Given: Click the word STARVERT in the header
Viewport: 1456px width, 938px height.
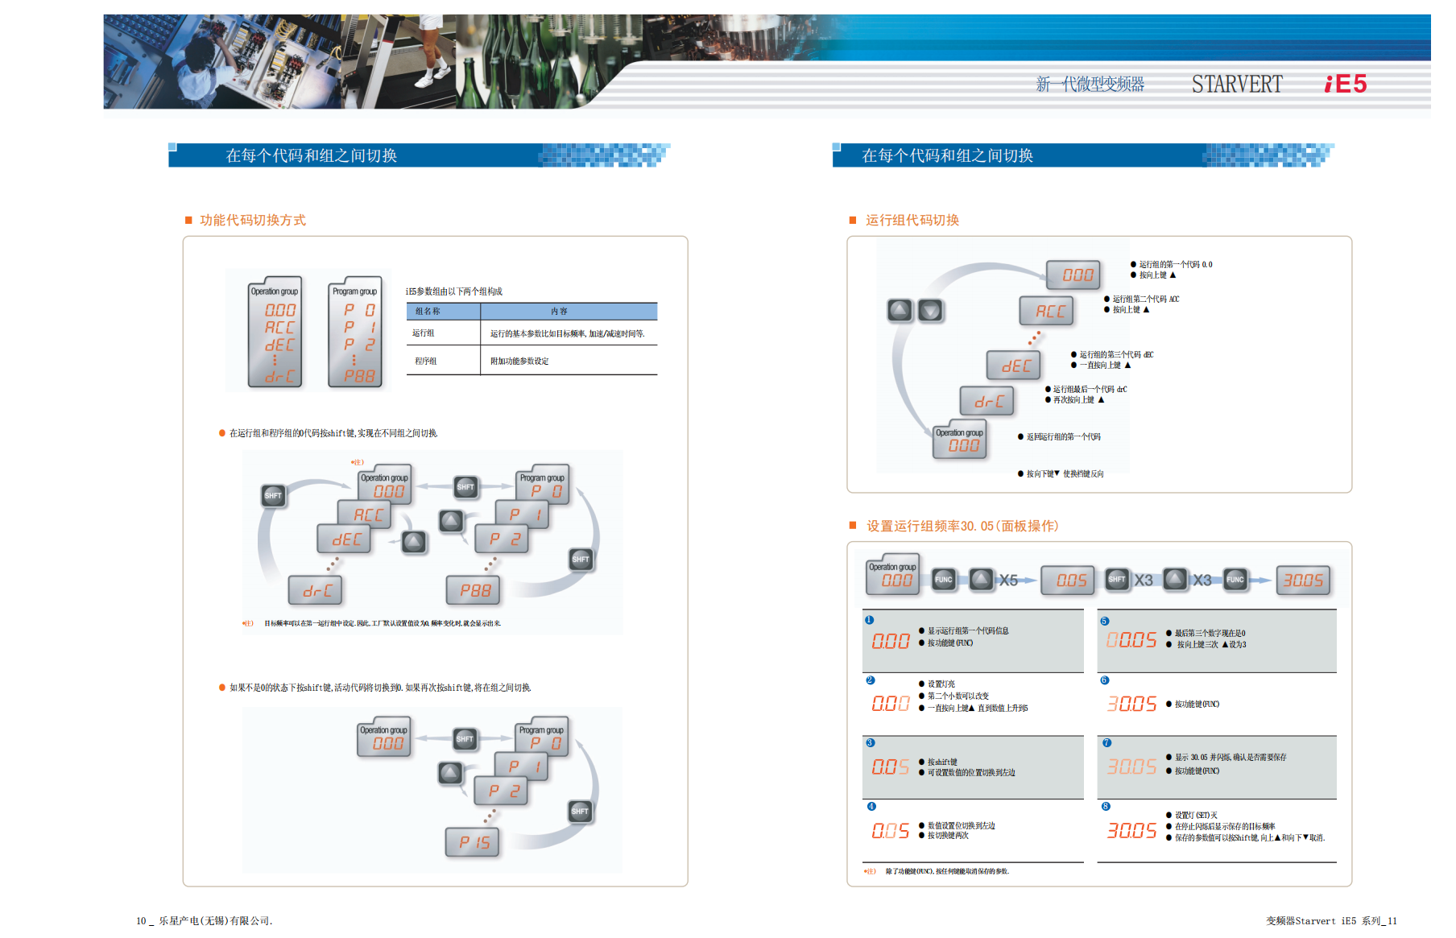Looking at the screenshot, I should pos(1236,84).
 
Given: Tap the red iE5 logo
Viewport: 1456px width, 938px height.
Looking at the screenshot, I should pos(1346,84).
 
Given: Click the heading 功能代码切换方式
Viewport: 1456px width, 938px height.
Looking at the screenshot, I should pos(252,220).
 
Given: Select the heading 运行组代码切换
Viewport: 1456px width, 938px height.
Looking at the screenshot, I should pos(912,220).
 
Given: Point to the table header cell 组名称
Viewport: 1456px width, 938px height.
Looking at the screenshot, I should pos(428,312).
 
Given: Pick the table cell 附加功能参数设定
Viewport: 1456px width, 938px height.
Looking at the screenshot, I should pos(519,362).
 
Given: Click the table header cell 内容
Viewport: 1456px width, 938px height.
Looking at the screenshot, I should pos(559,312).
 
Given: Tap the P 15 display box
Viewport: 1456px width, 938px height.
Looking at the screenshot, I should pos(474,842).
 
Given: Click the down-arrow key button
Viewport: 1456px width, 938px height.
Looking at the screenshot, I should pos(930,310).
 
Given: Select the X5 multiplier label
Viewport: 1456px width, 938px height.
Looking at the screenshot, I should pos(1008,580).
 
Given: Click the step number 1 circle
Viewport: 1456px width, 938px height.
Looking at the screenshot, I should pos(869,620).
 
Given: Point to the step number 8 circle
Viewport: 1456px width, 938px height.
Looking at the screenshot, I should pos(1106,806).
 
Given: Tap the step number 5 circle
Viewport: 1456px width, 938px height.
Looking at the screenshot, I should pos(1105,621).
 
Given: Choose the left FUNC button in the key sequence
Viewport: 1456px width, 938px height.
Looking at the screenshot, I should pos(943,579).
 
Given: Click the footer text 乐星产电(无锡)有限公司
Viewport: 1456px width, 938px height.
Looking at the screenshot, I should pos(215,920).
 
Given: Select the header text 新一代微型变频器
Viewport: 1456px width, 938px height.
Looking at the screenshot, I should pos(1090,84).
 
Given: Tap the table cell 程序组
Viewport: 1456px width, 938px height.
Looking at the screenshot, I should pos(426,362).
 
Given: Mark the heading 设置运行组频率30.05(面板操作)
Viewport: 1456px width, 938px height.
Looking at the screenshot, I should pos(962,526).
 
